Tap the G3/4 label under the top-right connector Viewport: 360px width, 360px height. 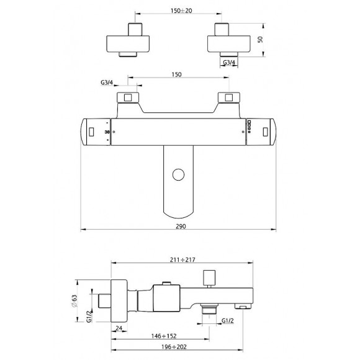click(229, 62)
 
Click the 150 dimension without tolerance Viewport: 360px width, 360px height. click(176, 74)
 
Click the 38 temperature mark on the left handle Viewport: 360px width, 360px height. click(107, 132)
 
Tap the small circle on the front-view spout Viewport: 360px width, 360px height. click(179, 173)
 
